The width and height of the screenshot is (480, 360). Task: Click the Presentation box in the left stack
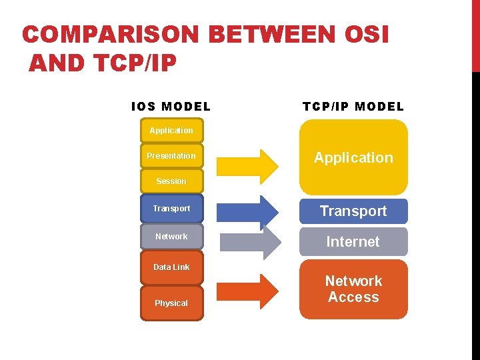[171, 156]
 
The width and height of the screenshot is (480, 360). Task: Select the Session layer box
[171, 181]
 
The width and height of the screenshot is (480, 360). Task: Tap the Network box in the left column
[171, 237]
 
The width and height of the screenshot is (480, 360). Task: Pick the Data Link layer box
[171, 267]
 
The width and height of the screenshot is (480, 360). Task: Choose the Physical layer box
[171, 303]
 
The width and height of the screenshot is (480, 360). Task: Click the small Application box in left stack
[171, 131]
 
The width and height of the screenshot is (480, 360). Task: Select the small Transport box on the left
[171, 209]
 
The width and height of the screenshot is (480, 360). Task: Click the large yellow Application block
[353, 157]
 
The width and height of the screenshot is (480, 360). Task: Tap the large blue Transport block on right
[353, 211]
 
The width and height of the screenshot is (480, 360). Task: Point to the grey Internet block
[353, 242]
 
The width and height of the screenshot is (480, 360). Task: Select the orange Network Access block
[353, 289]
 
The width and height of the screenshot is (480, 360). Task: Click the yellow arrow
[247, 165]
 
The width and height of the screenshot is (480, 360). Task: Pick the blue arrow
[247, 211]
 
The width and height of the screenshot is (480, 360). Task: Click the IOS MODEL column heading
[171, 107]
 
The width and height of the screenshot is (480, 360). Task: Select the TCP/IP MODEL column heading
[353, 107]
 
